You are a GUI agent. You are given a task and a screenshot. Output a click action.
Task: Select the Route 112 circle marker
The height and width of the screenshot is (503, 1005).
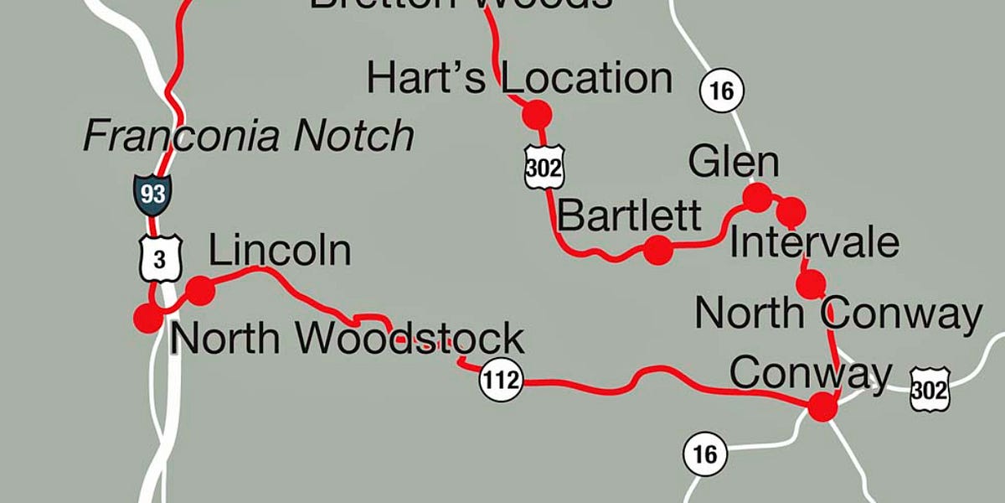[501, 381]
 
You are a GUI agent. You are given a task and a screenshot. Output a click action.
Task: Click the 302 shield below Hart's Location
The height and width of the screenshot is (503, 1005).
[544, 167]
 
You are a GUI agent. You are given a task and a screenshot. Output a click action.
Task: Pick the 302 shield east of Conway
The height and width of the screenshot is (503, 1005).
[930, 389]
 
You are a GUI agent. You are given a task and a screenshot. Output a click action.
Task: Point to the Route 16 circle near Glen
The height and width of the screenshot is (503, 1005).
[721, 90]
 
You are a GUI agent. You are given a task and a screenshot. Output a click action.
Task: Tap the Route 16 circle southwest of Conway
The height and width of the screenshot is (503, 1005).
[705, 454]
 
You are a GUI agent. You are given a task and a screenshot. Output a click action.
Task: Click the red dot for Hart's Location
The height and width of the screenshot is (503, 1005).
[536, 113]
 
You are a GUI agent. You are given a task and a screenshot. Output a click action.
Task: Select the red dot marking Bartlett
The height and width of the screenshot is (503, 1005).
[657, 249]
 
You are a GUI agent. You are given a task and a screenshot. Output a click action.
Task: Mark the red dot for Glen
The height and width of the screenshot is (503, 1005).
[757, 197]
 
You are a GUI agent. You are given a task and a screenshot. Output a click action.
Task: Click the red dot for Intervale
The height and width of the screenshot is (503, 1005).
[791, 212]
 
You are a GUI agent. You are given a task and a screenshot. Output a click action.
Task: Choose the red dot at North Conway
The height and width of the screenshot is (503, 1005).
[810, 285]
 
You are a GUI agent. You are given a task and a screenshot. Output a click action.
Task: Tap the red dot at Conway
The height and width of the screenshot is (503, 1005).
[822, 407]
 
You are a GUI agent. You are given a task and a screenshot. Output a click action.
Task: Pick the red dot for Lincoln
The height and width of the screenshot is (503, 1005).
[200, 291]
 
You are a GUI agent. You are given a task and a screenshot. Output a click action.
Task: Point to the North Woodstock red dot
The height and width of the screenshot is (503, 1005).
[148, 318]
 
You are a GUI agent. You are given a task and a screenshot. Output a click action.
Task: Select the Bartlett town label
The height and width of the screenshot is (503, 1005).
[628, 216]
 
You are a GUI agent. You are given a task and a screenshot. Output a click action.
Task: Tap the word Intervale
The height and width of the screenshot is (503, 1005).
[814, 243]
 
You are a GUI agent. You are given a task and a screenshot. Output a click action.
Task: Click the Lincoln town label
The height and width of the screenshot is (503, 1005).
[279, 251]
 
